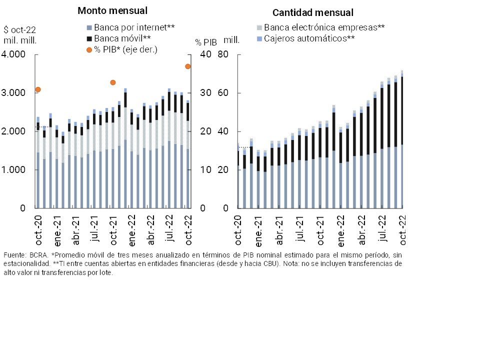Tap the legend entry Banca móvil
pyautogui.click(x=119, y=38)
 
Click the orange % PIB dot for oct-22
pyautogui.click(x=188, y=66)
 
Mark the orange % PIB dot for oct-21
pyautogui.click(x=113, y=82)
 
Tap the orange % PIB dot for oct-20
pyautogui.click(x=38, y=89)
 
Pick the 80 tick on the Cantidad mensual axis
pyautogui.click(x=222, y=54)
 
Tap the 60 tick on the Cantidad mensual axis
pyautogui.click(x=222, y=93)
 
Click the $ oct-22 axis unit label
pyautogui.click(x=19, y=29)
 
